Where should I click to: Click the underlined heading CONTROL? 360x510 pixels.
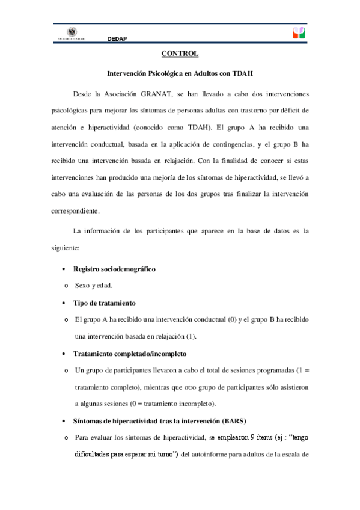[x=180, y=54]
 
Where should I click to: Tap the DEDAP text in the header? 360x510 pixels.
[x=117, y=38]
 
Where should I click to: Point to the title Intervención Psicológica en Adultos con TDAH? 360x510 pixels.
[x=180, y=74]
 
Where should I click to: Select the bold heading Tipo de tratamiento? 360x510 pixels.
[x=104, y=302]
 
